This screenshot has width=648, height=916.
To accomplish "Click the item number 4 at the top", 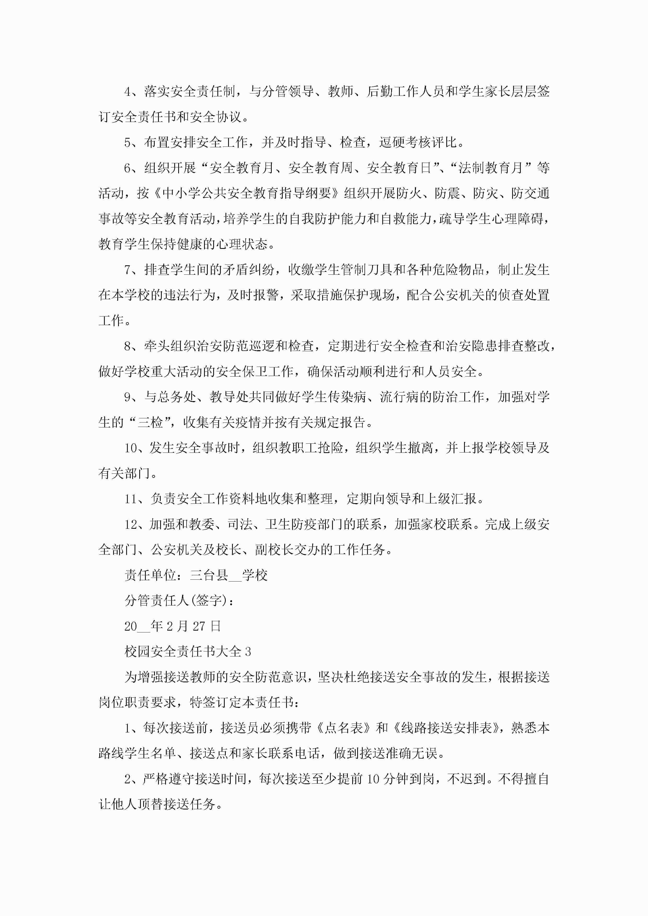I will (128, 92).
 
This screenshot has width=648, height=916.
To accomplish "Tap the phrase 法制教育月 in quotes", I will (490, 168).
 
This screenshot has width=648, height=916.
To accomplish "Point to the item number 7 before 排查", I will (128, 270).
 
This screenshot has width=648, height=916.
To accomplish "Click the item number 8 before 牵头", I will (128, 346).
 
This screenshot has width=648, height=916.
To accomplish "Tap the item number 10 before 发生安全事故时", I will (131, 448).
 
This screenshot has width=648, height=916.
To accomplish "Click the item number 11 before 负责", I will (131, 499).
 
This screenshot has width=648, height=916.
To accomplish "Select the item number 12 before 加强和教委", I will (131, 525).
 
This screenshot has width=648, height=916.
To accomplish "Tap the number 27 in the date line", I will (199, 626).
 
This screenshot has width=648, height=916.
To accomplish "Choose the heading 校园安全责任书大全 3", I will (188, 652).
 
